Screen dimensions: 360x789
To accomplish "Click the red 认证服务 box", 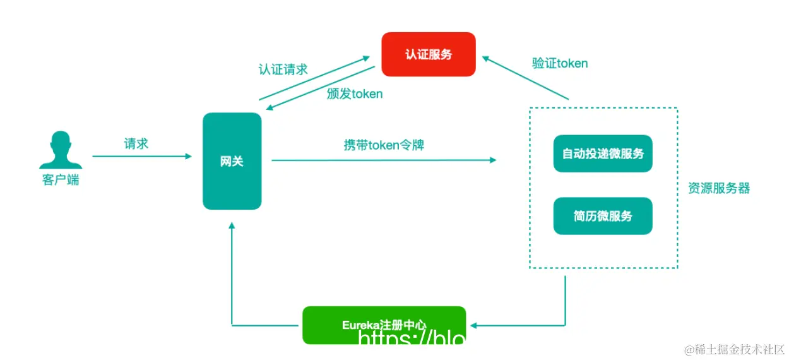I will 428,54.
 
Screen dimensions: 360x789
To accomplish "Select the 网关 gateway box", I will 232,161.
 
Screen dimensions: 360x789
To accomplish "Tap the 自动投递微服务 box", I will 602,153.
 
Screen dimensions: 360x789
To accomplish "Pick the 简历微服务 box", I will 602,216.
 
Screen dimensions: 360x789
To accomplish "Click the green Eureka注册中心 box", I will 384,324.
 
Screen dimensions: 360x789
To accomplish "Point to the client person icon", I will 61,150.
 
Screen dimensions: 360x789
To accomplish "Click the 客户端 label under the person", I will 61,180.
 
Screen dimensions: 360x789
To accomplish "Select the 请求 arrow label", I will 136,143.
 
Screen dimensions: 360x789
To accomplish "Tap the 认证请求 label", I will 283,69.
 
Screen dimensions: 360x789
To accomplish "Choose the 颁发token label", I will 355,93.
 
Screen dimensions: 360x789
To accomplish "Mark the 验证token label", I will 560,63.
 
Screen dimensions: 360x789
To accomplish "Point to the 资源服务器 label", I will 719,188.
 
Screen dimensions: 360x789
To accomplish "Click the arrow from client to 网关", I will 141,156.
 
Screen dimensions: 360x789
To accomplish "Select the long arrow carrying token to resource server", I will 384,160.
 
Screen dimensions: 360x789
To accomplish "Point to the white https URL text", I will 412,340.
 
